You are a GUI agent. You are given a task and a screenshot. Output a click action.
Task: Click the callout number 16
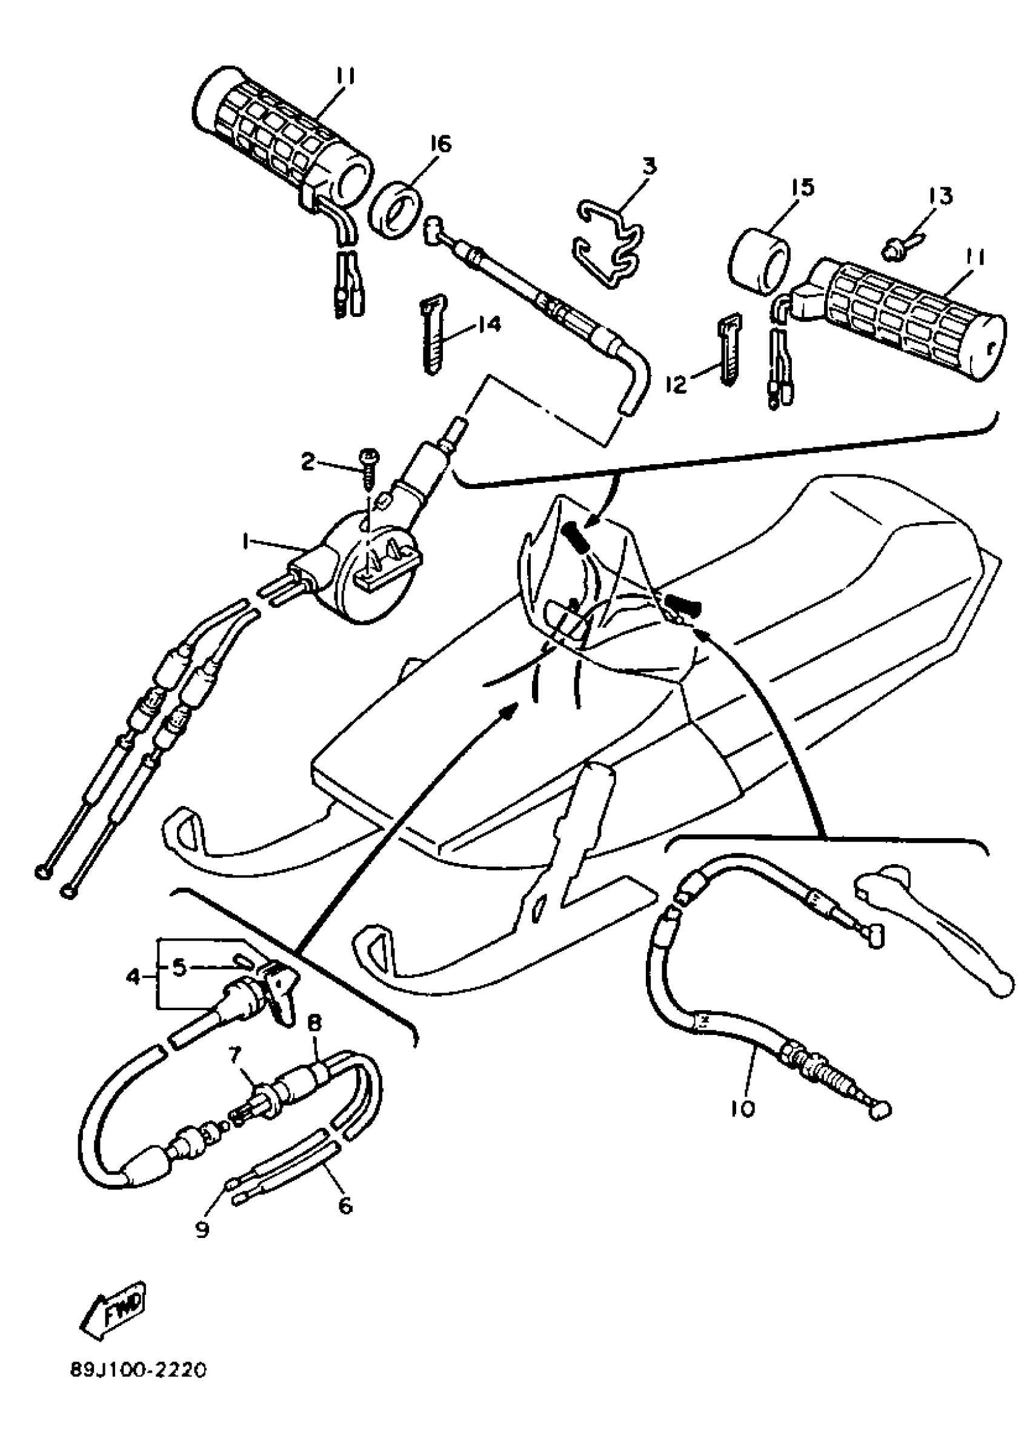click(x=439, y=145)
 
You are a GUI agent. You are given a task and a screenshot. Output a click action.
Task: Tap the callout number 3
click(x=648, y=167)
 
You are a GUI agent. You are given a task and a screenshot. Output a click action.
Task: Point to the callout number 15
click(x=802, y=188)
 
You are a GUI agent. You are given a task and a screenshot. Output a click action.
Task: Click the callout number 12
click(x=677, y=384)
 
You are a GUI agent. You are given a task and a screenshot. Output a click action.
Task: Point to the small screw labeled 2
click(x=368, y=467)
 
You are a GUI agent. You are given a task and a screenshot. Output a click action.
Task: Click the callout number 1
click(x=244, y=541)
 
